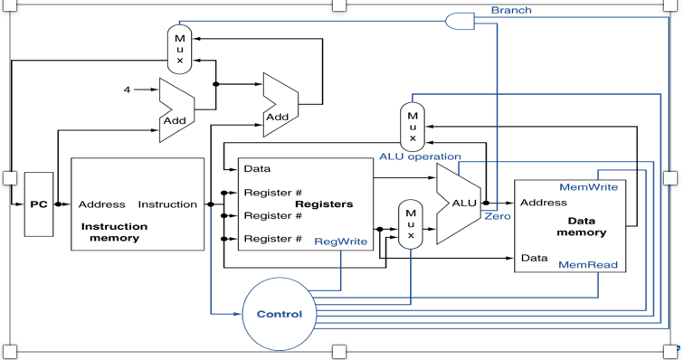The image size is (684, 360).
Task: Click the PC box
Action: (38, 204)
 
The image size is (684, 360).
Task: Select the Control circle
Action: (279, 314)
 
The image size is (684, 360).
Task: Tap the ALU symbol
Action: (461, 204)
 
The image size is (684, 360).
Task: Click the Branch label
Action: (511, 10)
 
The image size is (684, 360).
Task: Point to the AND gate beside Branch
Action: (461, 21)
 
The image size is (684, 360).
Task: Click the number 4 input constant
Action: (128, 90)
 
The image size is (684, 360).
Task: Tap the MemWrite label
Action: (588, 187)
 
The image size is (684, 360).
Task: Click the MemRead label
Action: (588, 265)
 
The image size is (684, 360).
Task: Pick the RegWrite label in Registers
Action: (340, 242)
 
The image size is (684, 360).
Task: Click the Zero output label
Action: (498, 216)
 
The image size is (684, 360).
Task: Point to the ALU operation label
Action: (420, 156)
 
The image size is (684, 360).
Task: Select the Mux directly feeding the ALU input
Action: (411, 224)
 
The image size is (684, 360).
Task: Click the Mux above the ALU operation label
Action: (413, 127)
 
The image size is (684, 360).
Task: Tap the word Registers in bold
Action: (324, 204)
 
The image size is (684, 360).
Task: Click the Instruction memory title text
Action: (114, 232)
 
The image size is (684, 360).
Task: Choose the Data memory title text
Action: (581, 226)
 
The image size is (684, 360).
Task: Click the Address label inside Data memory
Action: (544, 203)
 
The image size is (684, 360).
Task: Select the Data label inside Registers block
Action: (257, 169)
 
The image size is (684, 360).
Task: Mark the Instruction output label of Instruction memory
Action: (167, 204)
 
